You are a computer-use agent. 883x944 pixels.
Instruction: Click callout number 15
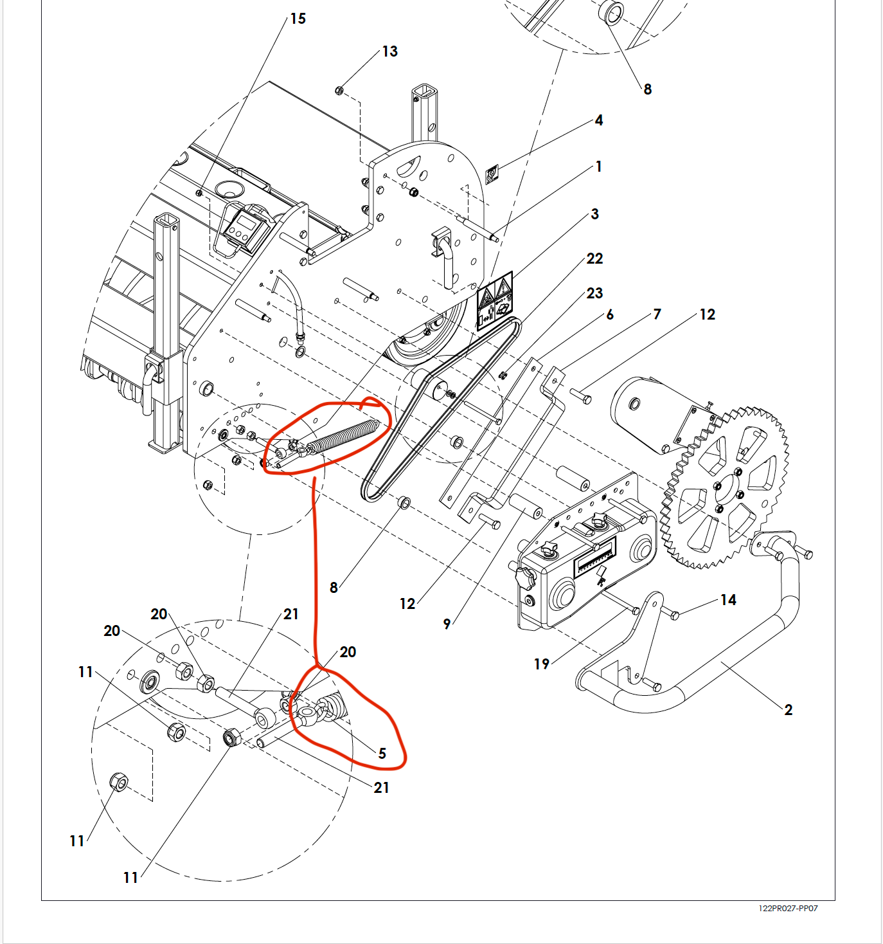pyautogui.click(x=298, y=19)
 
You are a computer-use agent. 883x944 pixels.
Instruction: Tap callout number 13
pyautogui.click(x=389, y=51)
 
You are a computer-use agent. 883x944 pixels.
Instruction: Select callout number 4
pyautogui.click(x=598, y=120)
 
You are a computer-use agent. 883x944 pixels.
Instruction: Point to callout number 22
pyautogui.click(x=594, y=259)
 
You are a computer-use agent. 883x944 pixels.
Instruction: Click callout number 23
pyautogui.click(x=594, y=293)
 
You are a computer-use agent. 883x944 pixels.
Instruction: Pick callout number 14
pyautogui.click(x=727, y=600)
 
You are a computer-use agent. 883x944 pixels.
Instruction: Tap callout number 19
pyautogui.click(x=541, y=664)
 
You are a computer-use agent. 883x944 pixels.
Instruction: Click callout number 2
pyautogui.click(x=788, y=710)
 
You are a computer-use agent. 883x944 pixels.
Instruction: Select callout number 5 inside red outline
pyautogui.click(x=382, y=753)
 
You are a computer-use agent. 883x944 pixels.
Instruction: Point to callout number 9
pyautogui.click(x=447, y=624)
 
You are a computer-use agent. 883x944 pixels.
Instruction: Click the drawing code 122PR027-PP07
pyautogui.click(x=788, y=909)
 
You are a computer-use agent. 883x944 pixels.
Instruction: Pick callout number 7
pyautogui.click(x=657, y=314)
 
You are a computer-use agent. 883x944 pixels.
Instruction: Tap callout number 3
pyautogui.click(x=594, y=214)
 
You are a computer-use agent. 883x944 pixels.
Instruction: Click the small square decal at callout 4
pyautogui.click(x=492, y=174)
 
